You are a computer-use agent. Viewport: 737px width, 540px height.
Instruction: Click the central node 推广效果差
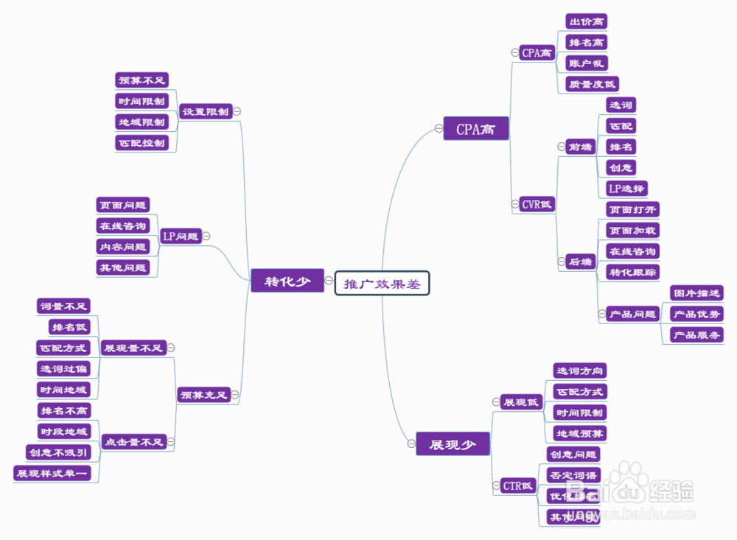pyautogui.click(x=382, y=283)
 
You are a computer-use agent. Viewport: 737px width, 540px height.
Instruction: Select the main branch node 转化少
pyautogui.click(x=287, y=281)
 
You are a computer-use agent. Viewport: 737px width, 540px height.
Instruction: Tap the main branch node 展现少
pyautogui.click(x=453, y=443)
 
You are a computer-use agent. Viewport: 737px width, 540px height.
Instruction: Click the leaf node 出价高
pyautogui.click(x=587, y=22)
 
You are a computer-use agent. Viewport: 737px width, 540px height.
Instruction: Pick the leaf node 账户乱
pyautogui.click(x=587, y=63)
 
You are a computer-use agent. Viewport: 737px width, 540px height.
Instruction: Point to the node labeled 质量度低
pyautogui.click(x=592, y=84)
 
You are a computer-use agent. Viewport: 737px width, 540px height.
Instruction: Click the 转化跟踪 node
pyautogui.click(x=632, y=273)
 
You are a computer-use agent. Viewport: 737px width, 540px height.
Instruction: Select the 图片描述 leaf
pyautogui.click(x=696, y=293)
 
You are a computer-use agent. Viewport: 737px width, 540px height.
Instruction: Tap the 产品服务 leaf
pyautogui.click(x=696, y=335)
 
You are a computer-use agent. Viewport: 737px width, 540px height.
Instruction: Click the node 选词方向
pyautogui.click(x=581, y=371)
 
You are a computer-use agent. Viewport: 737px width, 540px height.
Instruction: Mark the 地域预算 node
pyautogui.click(x=581, y=433)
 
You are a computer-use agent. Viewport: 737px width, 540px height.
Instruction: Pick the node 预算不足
pyautogui.click(x=143, y=80)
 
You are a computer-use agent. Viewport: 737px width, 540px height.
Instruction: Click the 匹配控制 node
pyautogui.click(x=142, y=142)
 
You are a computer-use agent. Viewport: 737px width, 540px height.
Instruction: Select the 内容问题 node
pyautogui.click(x=123, y=247)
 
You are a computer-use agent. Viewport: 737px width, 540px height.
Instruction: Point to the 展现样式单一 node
pyautogui.click(x=52, y=473)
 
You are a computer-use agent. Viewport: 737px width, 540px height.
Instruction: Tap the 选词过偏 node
pyautogui.click(x=63, y=368)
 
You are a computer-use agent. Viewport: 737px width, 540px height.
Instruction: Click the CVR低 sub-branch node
pyautogui.click(x=537, y=204)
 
